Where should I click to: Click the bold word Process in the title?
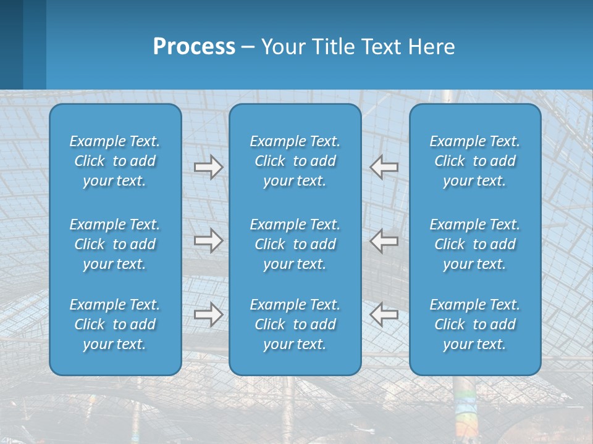click(194, 47)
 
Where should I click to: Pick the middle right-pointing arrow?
click(209, 241)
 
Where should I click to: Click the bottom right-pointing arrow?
click(209, 315)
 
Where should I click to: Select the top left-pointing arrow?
click(384, 166)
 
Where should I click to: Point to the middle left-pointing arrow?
click(384, 240)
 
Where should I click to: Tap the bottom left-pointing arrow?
click(384, 314)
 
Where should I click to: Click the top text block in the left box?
click(115, 161)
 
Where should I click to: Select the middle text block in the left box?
click(115, 244)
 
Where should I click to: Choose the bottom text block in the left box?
click(115, 324)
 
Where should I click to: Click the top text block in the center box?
click(295, 161)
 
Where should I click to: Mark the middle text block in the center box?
click(295, 244)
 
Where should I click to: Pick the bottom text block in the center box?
click(295, 324)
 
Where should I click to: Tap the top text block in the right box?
click(475, 161)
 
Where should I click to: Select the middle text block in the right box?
click(475, 244)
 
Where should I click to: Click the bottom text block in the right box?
click(475, 324)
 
